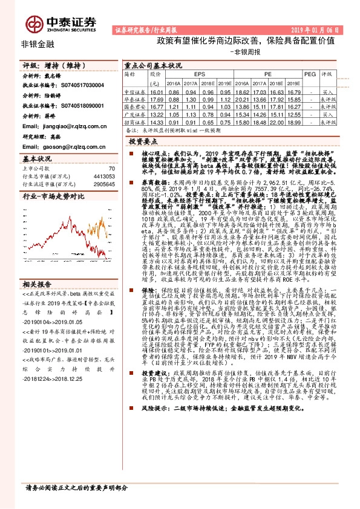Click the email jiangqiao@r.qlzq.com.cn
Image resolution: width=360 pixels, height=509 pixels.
[70, 125]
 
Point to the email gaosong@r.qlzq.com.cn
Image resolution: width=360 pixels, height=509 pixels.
[68, 146]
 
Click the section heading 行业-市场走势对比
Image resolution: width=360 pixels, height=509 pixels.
[53, 196]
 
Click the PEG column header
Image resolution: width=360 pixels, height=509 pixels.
[310, 74]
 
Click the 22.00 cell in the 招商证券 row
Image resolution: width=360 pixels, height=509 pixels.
[277, 122]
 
